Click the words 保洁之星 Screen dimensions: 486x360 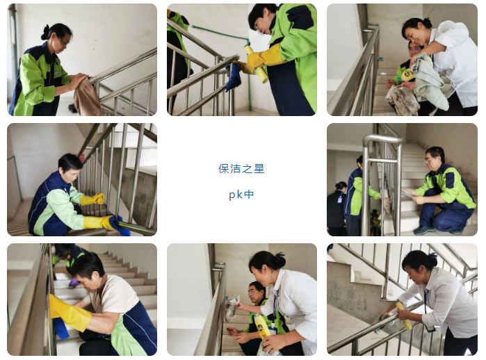click(x=241, y=169)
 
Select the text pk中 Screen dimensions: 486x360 click(x=241, y=195)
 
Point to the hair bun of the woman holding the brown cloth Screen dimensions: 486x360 click(x=46, y=32)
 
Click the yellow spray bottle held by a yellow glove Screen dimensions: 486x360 click(x=257, y=65)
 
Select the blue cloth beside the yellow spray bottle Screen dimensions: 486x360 click(x=234, y=76)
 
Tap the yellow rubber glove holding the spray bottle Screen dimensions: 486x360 click(x=257, y=60)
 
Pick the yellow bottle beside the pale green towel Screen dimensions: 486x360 click(x=407, y=74)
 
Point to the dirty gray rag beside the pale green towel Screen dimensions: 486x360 click(x=402, y=100)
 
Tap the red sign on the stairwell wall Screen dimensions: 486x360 click(x=82, y=158)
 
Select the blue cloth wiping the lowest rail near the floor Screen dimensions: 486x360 click(x=120, y=226)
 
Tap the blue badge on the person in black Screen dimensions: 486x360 click(x=340, y=198)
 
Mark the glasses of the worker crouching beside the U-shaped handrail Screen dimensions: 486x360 click(x=430, y=160)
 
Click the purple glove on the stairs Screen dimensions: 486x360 click(x=74, y=282)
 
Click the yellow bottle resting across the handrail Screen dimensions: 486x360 click(x=404, y=316)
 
